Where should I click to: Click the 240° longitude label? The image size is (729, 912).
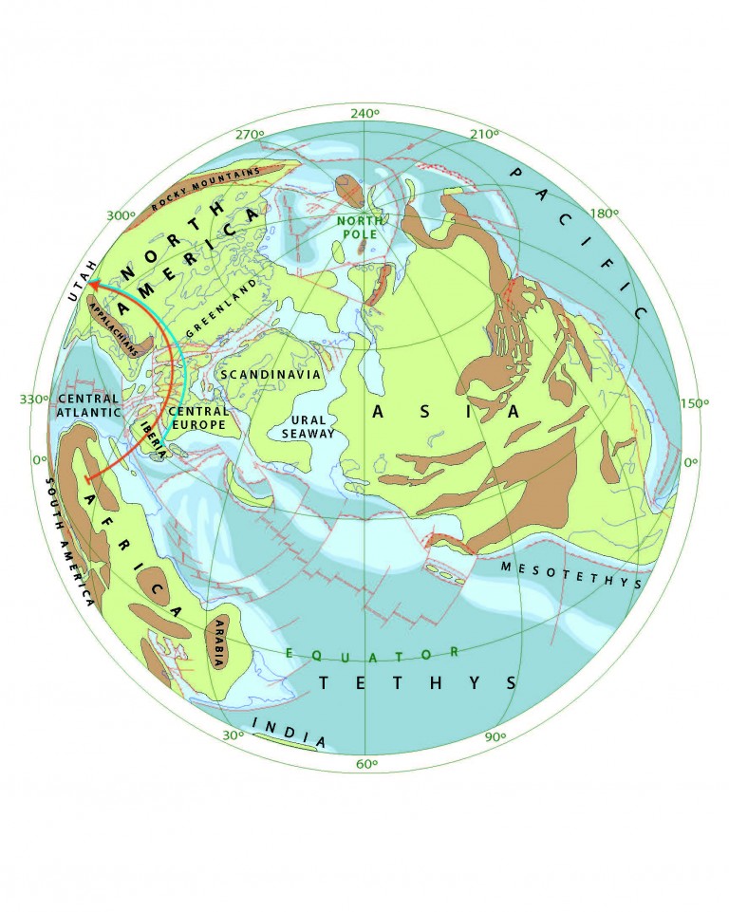pyautogui.click(x=365, y=113)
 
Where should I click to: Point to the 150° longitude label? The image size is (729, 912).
pyautogui.click(x=695, y=403)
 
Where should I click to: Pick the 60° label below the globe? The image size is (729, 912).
pyautogui.click(x=366, y=764)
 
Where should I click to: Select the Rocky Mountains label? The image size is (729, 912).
pyautogui.click(x=207, y=189)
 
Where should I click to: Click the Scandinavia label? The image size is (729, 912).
pyautogui.click(x=271, y=375)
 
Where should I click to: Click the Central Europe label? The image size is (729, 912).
pyautogui.click(x=197, y=418)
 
